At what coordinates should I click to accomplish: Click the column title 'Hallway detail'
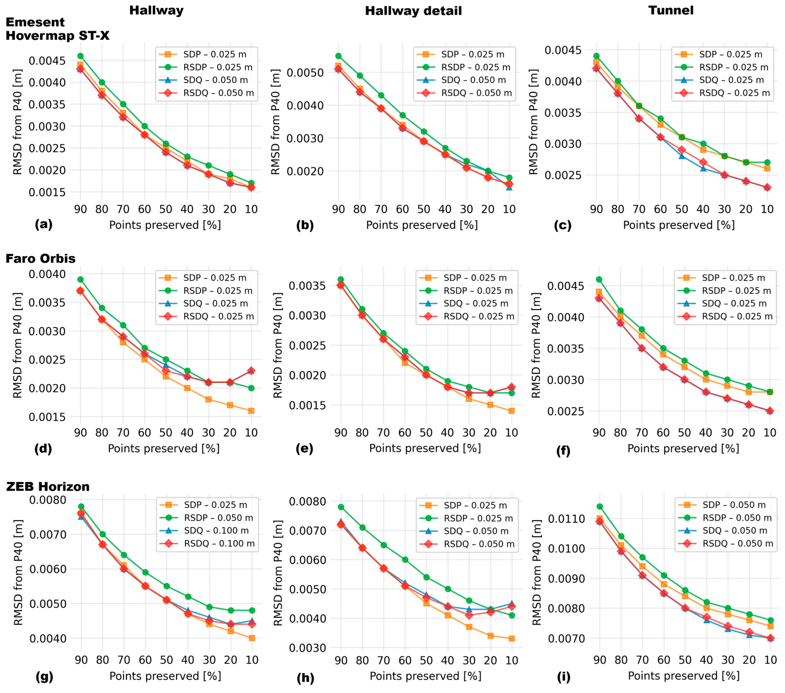(413, 11)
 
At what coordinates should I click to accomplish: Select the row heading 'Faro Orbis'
(40, 259)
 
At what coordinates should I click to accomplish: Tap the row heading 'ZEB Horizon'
(48, 487)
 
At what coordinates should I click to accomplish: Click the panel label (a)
(43, 224)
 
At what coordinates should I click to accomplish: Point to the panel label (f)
(563, 450)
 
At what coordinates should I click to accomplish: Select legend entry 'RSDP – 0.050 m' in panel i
(737, 518)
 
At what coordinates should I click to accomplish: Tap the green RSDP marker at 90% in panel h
(341, 507)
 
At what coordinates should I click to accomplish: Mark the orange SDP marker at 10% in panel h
(512, 639)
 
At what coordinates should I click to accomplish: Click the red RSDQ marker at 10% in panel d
(251, 371)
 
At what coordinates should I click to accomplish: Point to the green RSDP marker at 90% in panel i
(600, 507)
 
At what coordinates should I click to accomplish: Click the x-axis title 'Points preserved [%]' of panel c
(679, 225)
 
